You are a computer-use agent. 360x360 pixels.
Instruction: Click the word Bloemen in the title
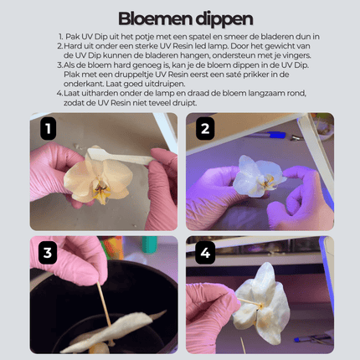point(155,19)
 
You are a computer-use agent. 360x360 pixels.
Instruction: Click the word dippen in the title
point(224,19)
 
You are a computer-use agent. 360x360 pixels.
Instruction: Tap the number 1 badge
point(49,128)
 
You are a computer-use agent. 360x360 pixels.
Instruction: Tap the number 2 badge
point(205,128)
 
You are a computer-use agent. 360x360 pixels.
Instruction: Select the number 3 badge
point(48,253)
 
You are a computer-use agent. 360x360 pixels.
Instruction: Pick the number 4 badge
point(205,253)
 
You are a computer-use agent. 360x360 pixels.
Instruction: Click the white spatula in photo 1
point(121,157)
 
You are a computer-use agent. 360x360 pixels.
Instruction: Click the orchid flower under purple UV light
point(258,176)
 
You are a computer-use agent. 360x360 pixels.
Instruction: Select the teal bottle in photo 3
point(149,244)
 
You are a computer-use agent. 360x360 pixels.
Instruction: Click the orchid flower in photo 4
point(261,304)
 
